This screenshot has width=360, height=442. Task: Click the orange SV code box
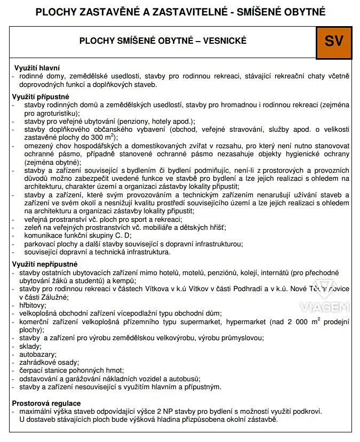[334, 42]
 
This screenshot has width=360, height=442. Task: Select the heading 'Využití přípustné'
[41, 97]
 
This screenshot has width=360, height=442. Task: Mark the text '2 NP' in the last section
[159, 412]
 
